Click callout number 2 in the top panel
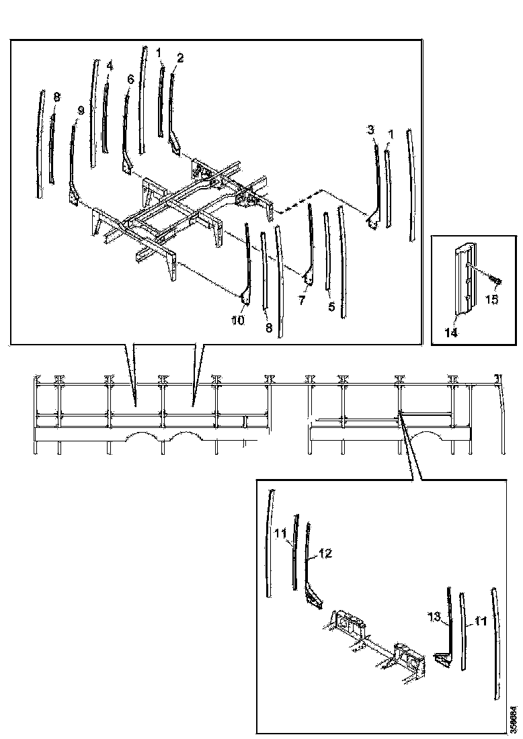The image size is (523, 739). coord(179,58)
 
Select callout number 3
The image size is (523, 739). coord(370,130)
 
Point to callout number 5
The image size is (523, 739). coord(330,306)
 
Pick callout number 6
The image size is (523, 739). coord(130,79)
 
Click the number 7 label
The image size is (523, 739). coord(302,300)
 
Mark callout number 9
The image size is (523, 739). coord(80,110)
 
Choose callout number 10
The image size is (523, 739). coord(238,321)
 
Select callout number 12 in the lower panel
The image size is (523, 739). coord(325,554)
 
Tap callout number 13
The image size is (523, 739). coord(434,616)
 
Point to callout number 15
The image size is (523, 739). coord(492,299)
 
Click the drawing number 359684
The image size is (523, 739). coord(513,718)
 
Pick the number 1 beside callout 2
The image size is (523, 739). coord(159,52)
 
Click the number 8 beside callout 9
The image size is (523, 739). coord(56,97)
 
